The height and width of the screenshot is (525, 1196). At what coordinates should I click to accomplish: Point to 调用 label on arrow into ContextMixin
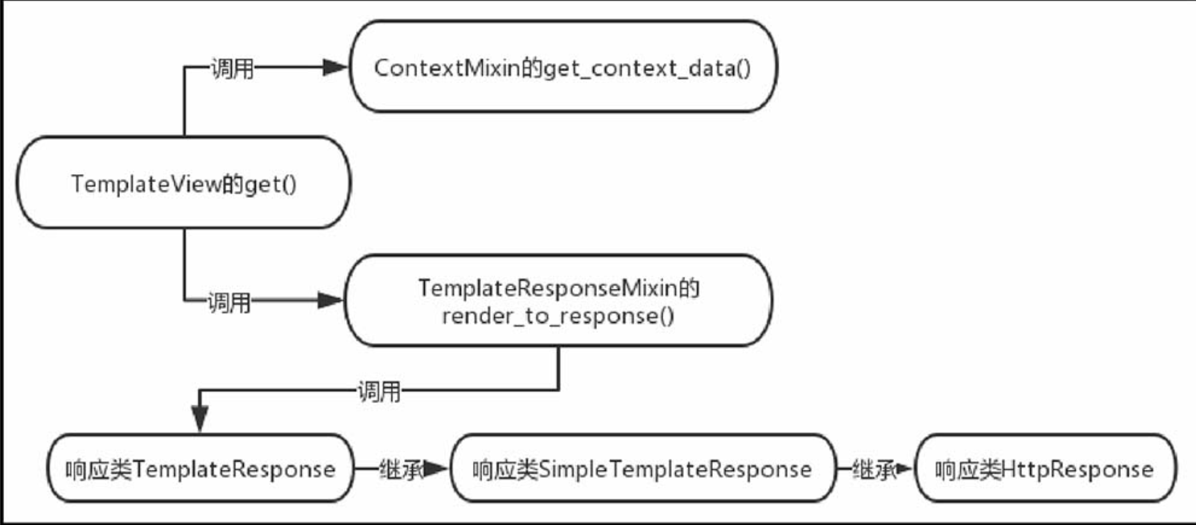(x=232, y=68)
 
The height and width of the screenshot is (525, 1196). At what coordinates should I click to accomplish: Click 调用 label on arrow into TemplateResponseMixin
(x=229, y=301)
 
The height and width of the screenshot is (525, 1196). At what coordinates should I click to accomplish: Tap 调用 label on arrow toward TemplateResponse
(x=379, y=392)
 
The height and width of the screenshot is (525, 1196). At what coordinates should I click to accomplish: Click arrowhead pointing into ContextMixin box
(x=335, y=67)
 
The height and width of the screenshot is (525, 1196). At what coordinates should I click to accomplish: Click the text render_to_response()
(x=558, y=316)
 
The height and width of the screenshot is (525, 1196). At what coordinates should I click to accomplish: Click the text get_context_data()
(x=647, y=69)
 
